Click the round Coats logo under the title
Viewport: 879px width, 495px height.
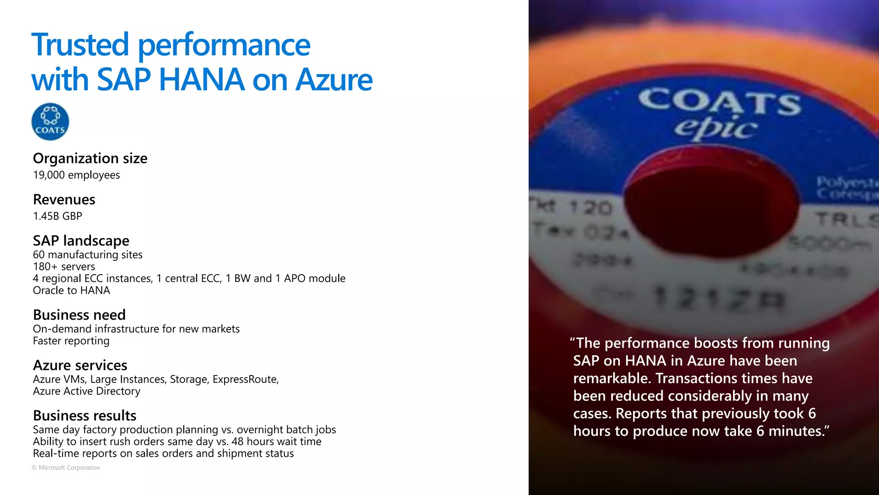[x=50, y=122]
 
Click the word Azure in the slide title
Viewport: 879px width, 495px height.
[x=334, y=80]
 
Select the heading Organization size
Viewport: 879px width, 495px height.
[x=90, y=159]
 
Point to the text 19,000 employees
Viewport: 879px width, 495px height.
[x=76, y=175]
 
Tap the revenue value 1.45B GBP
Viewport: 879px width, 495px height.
[x=58, y=216]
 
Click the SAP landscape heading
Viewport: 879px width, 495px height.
[x=81, y=241]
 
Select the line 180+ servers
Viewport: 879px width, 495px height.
[x=64, y=267]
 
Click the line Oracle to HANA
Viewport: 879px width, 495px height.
[x=71, y=290]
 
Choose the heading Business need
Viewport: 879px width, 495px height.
[x=79, y=315]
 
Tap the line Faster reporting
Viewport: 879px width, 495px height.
[x=71, y=341]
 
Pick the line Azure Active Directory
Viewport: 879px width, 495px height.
[x=87, y=391]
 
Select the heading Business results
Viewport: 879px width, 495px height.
[x=85, y=416]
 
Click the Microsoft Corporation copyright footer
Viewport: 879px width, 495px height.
[x=66, y=468]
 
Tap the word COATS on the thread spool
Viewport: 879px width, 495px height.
[x=720, y=101]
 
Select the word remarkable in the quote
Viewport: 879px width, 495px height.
[x=612, y=379]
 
